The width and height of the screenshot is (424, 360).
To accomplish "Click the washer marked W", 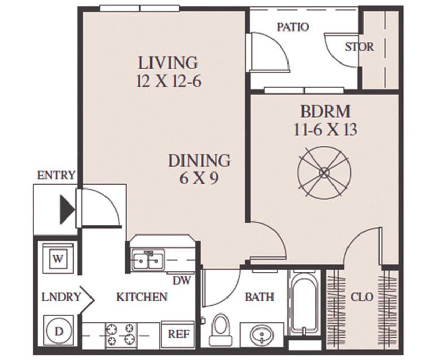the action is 58,258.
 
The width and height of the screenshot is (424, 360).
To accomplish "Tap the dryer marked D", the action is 58,331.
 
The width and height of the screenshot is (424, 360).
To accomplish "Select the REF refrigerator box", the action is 178,334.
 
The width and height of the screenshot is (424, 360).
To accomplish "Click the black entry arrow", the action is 67,209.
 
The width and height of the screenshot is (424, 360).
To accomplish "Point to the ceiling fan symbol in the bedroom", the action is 324,172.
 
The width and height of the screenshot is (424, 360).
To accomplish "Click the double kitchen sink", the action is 148,260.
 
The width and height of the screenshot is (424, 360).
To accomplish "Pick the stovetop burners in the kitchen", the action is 120,335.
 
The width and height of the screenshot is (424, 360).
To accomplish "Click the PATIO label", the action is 293,27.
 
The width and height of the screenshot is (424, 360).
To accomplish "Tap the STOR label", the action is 359,47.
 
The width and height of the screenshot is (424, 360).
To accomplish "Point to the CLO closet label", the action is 362,297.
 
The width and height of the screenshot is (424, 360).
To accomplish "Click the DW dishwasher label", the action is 181,280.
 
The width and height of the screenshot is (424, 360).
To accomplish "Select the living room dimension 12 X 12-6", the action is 169,81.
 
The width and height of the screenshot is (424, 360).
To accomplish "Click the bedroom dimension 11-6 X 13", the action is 325,130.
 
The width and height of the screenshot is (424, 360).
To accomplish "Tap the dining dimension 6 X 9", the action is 199,178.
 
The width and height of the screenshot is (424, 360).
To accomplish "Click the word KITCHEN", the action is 142,297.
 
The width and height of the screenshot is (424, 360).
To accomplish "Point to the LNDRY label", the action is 61,297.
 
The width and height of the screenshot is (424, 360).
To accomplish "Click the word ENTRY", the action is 56,175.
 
